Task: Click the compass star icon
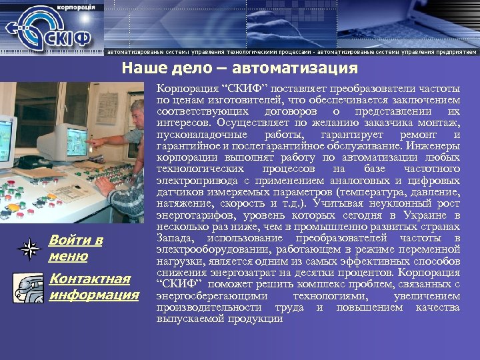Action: point(29,249)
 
